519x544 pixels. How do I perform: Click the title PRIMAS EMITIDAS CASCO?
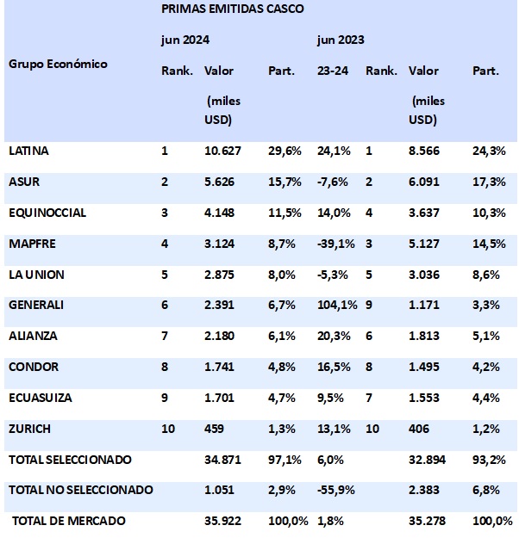tap(232, 9)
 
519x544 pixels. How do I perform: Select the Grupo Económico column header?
tap(58, 64)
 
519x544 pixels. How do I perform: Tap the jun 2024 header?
tap(185, 40)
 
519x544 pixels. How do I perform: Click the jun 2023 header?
tap(341, 40)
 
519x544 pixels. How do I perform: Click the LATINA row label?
tap(28, 151)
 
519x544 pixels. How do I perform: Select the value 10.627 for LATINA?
tap(222, 151)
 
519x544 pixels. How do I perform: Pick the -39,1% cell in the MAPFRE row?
tap(336, 244)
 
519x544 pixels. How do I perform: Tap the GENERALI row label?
tap(36, 305)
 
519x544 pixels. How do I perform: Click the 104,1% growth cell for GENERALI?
tap(337, 305)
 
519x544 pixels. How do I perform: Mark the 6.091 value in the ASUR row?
tap(426, 182)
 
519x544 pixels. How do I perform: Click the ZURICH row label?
tap(30, 429)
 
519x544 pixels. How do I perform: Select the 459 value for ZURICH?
tap(215, 429)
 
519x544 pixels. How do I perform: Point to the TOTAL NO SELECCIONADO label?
tap(81, 490)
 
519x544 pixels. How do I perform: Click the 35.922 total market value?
tap(222, 521)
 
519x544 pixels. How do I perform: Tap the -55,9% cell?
tap(336, 490)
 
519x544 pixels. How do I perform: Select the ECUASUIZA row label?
tap(41, 398)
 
